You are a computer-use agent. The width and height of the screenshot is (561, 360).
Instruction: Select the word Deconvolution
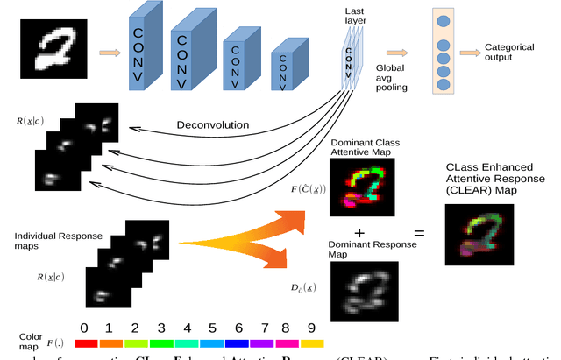tap(213, 124)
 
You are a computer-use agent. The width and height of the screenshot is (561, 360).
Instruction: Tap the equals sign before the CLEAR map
tap(419, 234)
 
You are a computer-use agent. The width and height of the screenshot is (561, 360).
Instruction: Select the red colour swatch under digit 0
tap(84, 344)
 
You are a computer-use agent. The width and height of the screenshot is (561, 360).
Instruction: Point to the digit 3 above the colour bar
tap(160, 328)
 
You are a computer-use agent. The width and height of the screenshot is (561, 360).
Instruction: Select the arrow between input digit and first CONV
tap(108, 53)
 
